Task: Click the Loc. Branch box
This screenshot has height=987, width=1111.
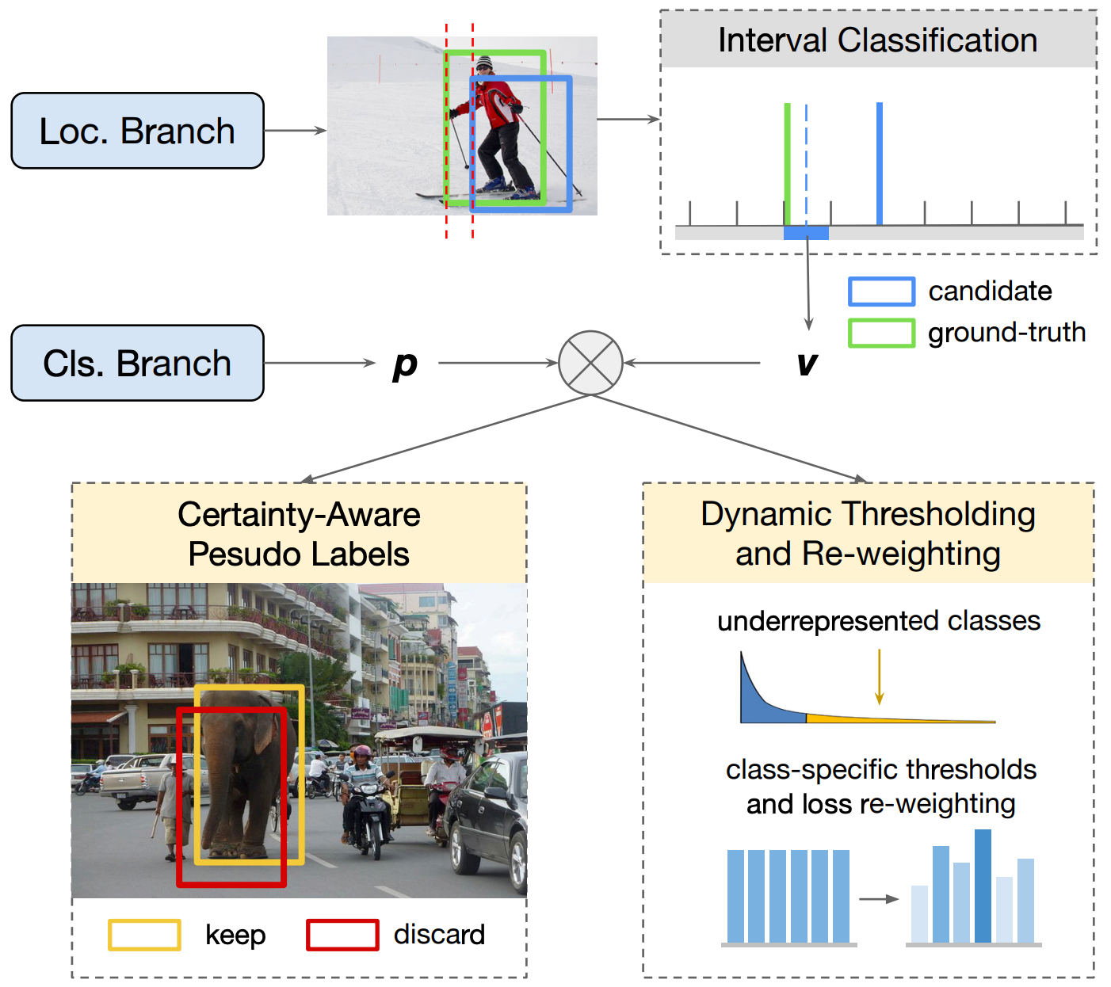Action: coord(137,131)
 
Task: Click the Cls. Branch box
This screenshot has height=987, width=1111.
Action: coord(137,363)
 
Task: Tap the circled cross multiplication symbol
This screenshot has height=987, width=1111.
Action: coord(590,363)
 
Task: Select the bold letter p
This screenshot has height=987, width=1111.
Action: coord(405,364)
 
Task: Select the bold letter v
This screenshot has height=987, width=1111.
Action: coord(807,364)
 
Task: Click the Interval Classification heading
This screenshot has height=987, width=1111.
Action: coord(877,40)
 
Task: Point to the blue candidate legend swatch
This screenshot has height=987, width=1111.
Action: coord(881,292)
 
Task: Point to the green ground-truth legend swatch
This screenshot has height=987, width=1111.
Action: coord(881,333)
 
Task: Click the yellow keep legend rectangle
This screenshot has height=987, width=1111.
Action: coord(144,935)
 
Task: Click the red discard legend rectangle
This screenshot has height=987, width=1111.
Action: coord(342,935)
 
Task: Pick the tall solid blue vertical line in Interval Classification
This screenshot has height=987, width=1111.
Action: coord(880,162)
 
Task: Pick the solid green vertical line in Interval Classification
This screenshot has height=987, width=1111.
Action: coord(787,162)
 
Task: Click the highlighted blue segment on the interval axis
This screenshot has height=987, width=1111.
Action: coord(806,233)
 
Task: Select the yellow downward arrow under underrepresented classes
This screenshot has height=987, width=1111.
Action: coord(879,677)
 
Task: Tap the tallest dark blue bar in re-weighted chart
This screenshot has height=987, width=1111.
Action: coord(983,886)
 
